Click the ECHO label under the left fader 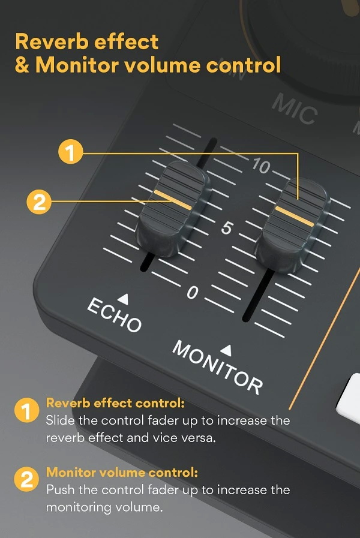[x=115, y=314]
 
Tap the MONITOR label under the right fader [x=217, y=366]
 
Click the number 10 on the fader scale [x=260, y=166]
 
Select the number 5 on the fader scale [x=226, y=229]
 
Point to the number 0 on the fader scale [x=192, y=293]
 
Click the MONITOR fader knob [x=293, y=222]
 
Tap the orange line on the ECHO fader [x=173, y=200]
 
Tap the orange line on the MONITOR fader [x=294, y=215]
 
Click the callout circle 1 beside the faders [x=71, y=152]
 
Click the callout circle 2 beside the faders [x=40, y=201]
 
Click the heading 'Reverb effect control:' [x=115, y=403]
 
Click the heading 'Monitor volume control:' [x=122, y=472]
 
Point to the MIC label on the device [x=294, y=109]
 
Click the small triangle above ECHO [x=123, y=297]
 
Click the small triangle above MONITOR [x=227, y=348]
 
